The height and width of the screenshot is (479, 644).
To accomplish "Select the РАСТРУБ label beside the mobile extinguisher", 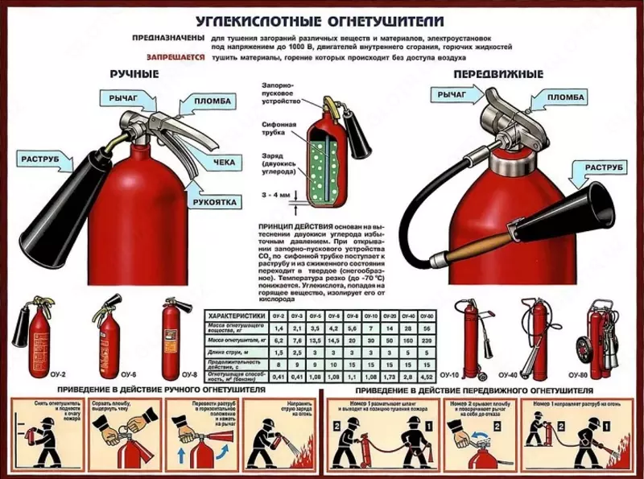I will click(x=600, y=167).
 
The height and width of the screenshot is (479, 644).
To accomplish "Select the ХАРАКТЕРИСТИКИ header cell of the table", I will click(x=234, y=317).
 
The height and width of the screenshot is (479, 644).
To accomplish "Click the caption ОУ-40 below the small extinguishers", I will click(x=508, y=375).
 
